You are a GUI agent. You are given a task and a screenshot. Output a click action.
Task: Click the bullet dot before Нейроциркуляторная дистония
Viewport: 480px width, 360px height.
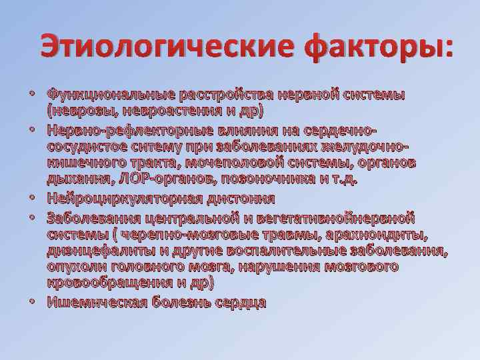point(31,199)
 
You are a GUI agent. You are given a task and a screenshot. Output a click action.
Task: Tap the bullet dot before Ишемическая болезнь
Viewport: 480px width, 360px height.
point(31,301)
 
